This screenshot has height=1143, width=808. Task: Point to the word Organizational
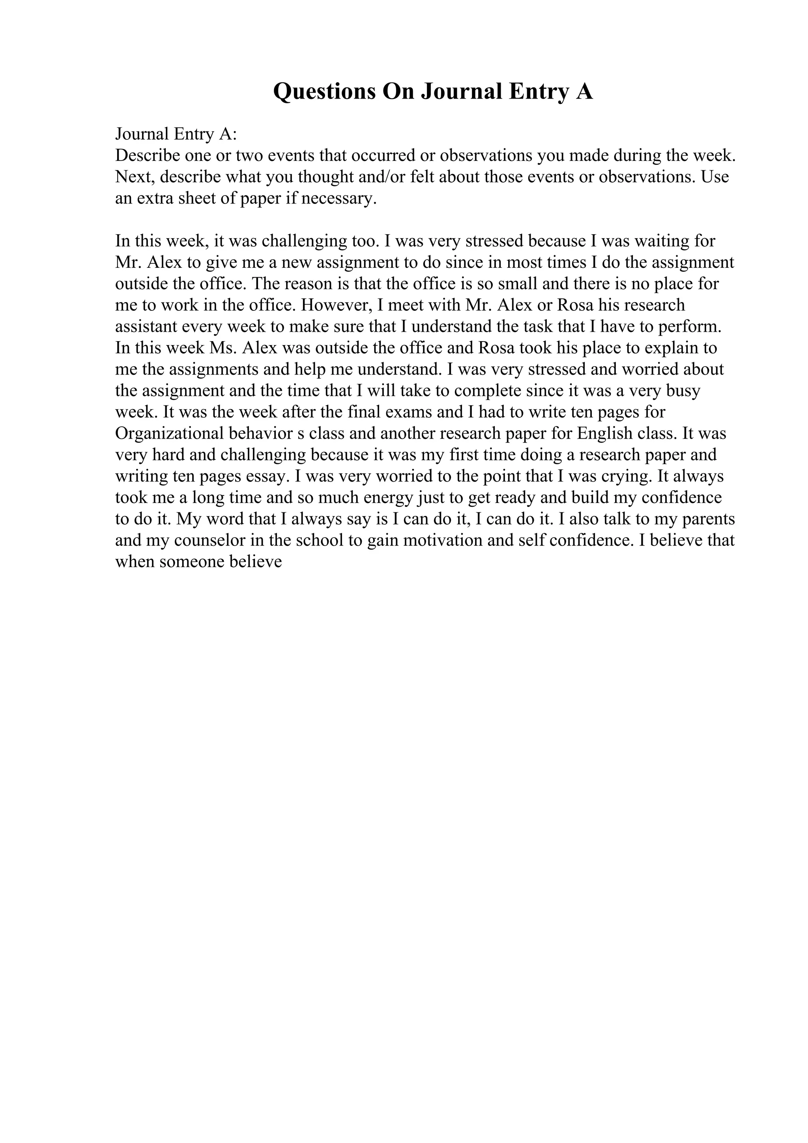(x=169, y=433)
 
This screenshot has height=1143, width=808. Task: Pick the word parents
(x=708, y=519)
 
